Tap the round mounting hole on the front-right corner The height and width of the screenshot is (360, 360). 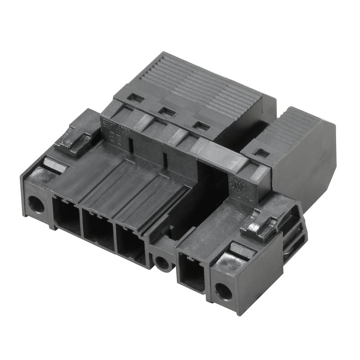223,292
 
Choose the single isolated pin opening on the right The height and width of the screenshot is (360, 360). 192,270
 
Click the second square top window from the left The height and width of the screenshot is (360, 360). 168,111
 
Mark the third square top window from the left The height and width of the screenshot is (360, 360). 201,126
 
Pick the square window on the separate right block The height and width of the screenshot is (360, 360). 262,153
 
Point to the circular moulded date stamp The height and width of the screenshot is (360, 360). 237,185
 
